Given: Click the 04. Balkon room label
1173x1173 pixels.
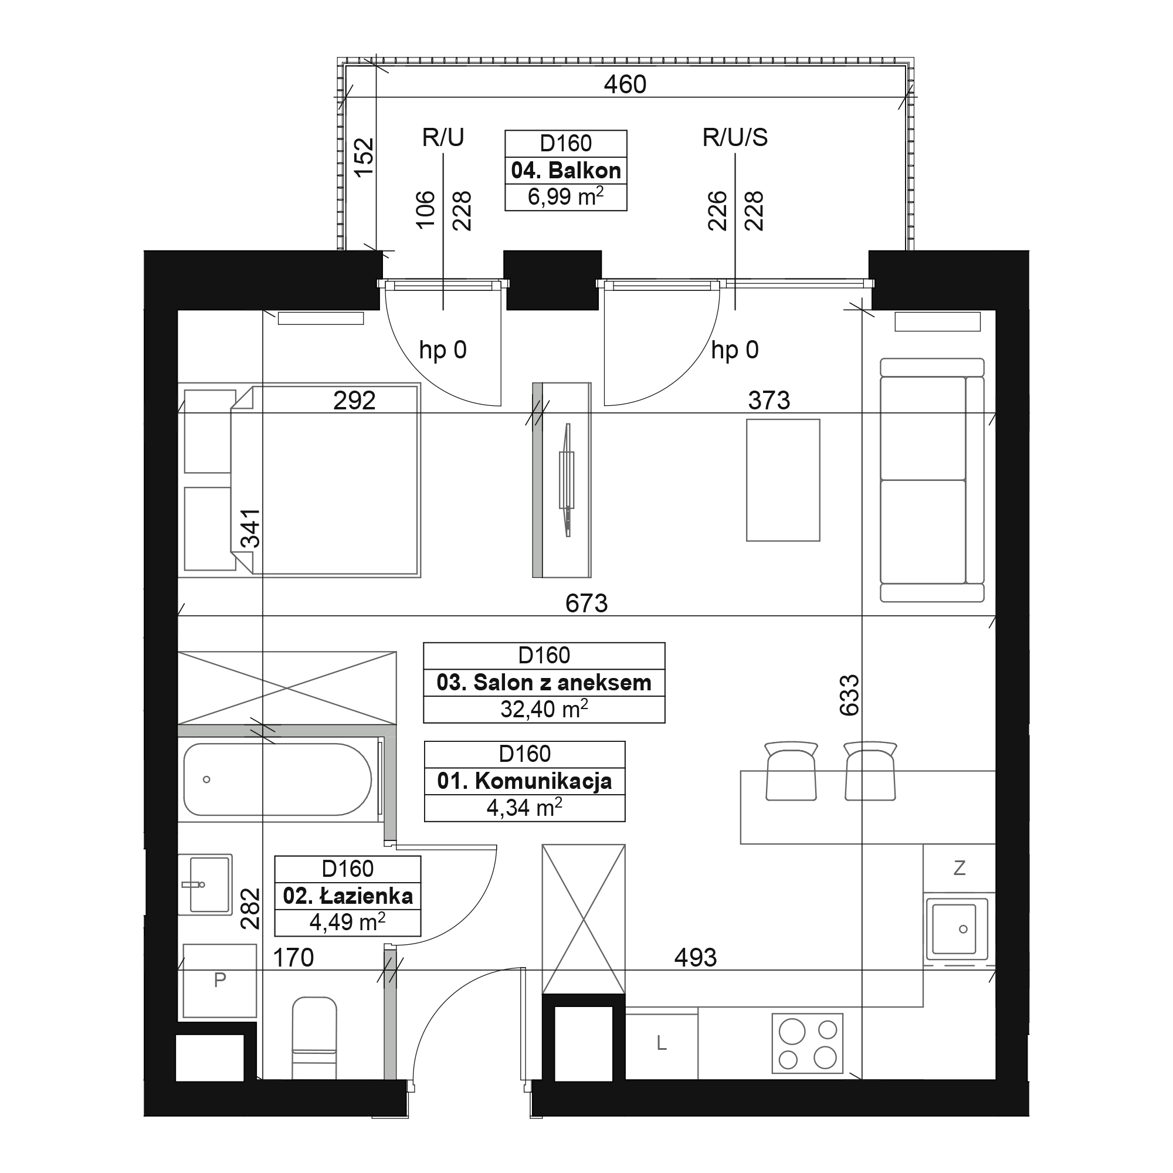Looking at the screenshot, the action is pyautogui.click(x=566, y=171).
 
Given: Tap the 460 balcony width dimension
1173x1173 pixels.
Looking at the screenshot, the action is pyautogui.click(x=625, y=84).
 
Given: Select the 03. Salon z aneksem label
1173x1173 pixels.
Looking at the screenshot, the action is pyautogui.click(x=544, y=683).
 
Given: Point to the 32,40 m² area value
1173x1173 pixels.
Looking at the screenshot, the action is pyautogui.click(x=544, y=708).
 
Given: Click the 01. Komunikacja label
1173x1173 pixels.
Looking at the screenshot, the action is pyautogui.click(x=524, y=781).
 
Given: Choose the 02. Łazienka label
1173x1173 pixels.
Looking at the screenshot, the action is pyautogui.click(x=348, y=896).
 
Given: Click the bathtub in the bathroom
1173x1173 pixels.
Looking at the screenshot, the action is pyautogui.click(x=277, y=779).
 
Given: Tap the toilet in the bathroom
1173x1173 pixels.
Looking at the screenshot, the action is pyautogui.click(x=314, y=1038).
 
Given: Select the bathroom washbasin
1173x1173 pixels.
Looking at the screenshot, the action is pyautogui.click(x=205, y=884).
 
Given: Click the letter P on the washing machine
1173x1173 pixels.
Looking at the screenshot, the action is pyautogui.click(x=220, y=979).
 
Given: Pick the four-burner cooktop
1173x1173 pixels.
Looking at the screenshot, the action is pyautogui.click(x=808, y=1043).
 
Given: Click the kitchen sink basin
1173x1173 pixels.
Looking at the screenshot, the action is pyautogui.click(x=957, y=929).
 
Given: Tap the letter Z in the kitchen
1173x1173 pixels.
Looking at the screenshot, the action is pyautogui.click(x=960, y=868).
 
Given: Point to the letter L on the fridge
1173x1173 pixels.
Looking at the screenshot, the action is pyautogui.click(x=662, y=1043).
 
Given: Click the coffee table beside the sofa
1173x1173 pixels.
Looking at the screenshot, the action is pyautogui.click(x=783, y=480).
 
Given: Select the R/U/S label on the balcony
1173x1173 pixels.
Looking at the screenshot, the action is pyautogui.click(x=735, y=138).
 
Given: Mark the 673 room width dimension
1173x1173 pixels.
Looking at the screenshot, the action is pyautogui.click(x=586, y=603).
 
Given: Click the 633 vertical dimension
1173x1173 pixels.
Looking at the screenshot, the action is pyautogui.click(x=849, y=695).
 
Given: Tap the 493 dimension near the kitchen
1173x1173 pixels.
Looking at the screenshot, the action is pyautogui.click(x=696, y=958).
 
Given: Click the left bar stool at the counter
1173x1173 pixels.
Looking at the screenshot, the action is pyautogui.click(x=791, y=771).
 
